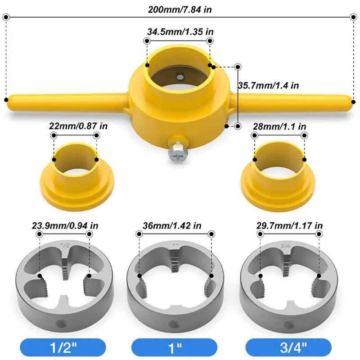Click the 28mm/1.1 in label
click(x=279, y=126)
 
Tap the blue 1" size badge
click(x=175, y=346)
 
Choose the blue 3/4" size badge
click(x=289, y=346)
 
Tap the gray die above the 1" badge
click(x=175, y=288)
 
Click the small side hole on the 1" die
click(x=175, y=323)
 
